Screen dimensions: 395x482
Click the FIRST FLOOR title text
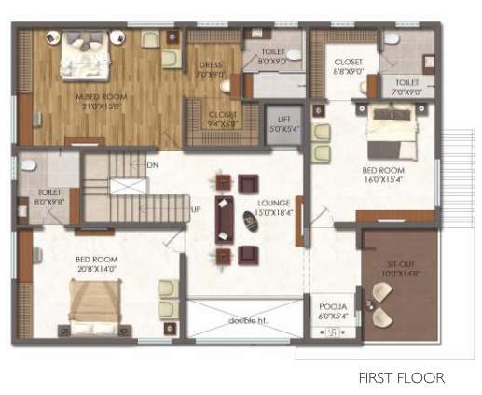[402, 378]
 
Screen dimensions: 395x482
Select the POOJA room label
[333, 306]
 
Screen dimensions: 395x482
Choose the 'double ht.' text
[246, 321]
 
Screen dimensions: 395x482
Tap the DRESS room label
[211, 65]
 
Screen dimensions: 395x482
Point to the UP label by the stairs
[195, 209]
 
